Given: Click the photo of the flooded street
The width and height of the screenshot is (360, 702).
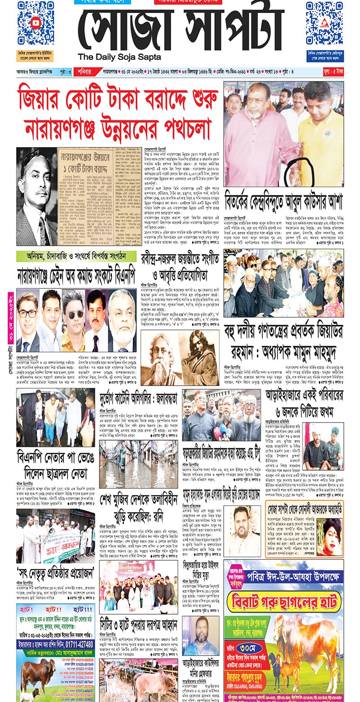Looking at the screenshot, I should point(131,464).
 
